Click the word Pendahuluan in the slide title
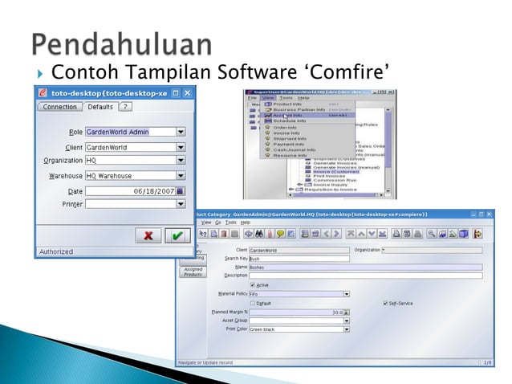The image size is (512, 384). pyautogui.click(x=122, y=45)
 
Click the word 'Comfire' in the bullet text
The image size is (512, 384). pyautogui.click(x=354, y=76)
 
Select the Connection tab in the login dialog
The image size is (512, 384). pyautogui.click(x=59, y=107)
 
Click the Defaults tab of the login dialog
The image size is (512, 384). pyautogui.click(x=100, y=107)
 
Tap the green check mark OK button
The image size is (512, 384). pyautogui.click(x=177, y=236)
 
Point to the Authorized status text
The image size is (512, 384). pyautogui.click(x=54, y=251)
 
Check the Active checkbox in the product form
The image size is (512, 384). pyautogui.click(x=254, y=284)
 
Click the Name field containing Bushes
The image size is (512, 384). pyautogui.click(x=297, y=268)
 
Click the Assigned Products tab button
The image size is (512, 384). pyautogui.click(x=193, y=272)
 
